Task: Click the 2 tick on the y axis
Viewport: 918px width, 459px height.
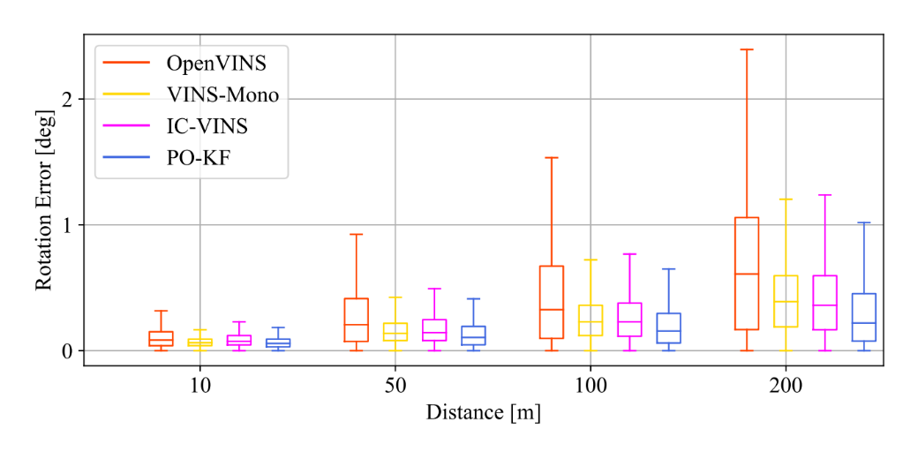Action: coord(68,99)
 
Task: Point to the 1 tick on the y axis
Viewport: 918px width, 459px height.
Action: coord(68,225)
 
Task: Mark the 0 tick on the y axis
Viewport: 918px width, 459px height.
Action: coord(68,350)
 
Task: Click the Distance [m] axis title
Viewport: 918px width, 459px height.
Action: coord(483,412)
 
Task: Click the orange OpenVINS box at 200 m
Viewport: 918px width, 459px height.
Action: coord(747,274)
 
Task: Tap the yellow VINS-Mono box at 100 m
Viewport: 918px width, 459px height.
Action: coord(591,320)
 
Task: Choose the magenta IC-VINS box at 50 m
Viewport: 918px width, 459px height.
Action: coord(434,330)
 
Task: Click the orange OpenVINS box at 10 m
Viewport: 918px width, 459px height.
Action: coord(161,339)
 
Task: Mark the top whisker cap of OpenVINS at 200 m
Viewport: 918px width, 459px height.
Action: coord(747,49)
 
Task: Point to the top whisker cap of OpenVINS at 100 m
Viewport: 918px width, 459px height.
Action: coord(552,158)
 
